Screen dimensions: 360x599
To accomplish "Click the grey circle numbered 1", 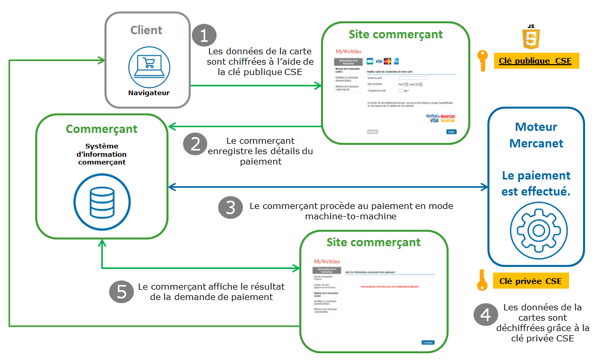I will tap(204, 36).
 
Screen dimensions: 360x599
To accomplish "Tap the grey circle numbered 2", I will tap(195, 144).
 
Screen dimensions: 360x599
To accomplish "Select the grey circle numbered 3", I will tap(231, 207).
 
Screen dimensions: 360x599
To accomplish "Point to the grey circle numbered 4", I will tap(485, 314).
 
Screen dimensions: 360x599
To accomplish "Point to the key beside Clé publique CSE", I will tap(482, 61).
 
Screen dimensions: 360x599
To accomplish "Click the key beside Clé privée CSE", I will tap(482, 280).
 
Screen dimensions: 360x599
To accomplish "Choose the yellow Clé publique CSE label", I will tap(535, 61).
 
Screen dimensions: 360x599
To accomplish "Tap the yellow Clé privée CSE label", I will tap(530, 281).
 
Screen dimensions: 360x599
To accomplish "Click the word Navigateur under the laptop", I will tap(149, 93).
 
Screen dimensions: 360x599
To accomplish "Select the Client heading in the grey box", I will tap(146, 30).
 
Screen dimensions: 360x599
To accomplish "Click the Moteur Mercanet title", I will tap(536, 135).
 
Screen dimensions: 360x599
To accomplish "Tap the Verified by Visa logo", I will tap(432, 118).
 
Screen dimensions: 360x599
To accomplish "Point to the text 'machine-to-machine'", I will tap(350, 216).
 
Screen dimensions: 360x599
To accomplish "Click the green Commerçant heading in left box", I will tap(101, 129).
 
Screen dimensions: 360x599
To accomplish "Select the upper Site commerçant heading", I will tap(395, 35).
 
